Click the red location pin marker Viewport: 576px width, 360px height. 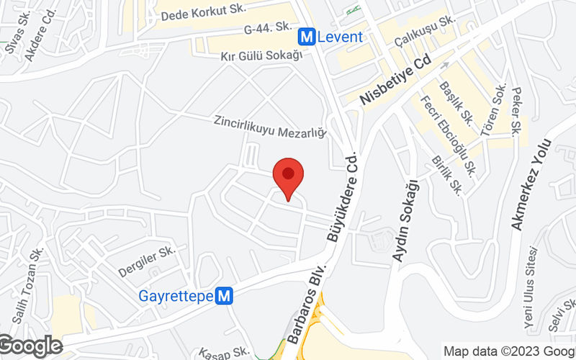[288, 174]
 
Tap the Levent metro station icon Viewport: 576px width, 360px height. [307, 36]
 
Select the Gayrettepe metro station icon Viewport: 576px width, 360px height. [225, 295]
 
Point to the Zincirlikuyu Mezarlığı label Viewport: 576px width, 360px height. [270, 127]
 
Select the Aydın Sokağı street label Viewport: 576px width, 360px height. [405, 220]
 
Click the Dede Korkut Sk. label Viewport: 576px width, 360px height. [204, 12]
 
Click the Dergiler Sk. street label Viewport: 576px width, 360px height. [147, 262]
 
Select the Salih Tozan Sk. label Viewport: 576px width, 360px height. [27, 284]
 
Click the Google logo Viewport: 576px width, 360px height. [30, 346]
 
